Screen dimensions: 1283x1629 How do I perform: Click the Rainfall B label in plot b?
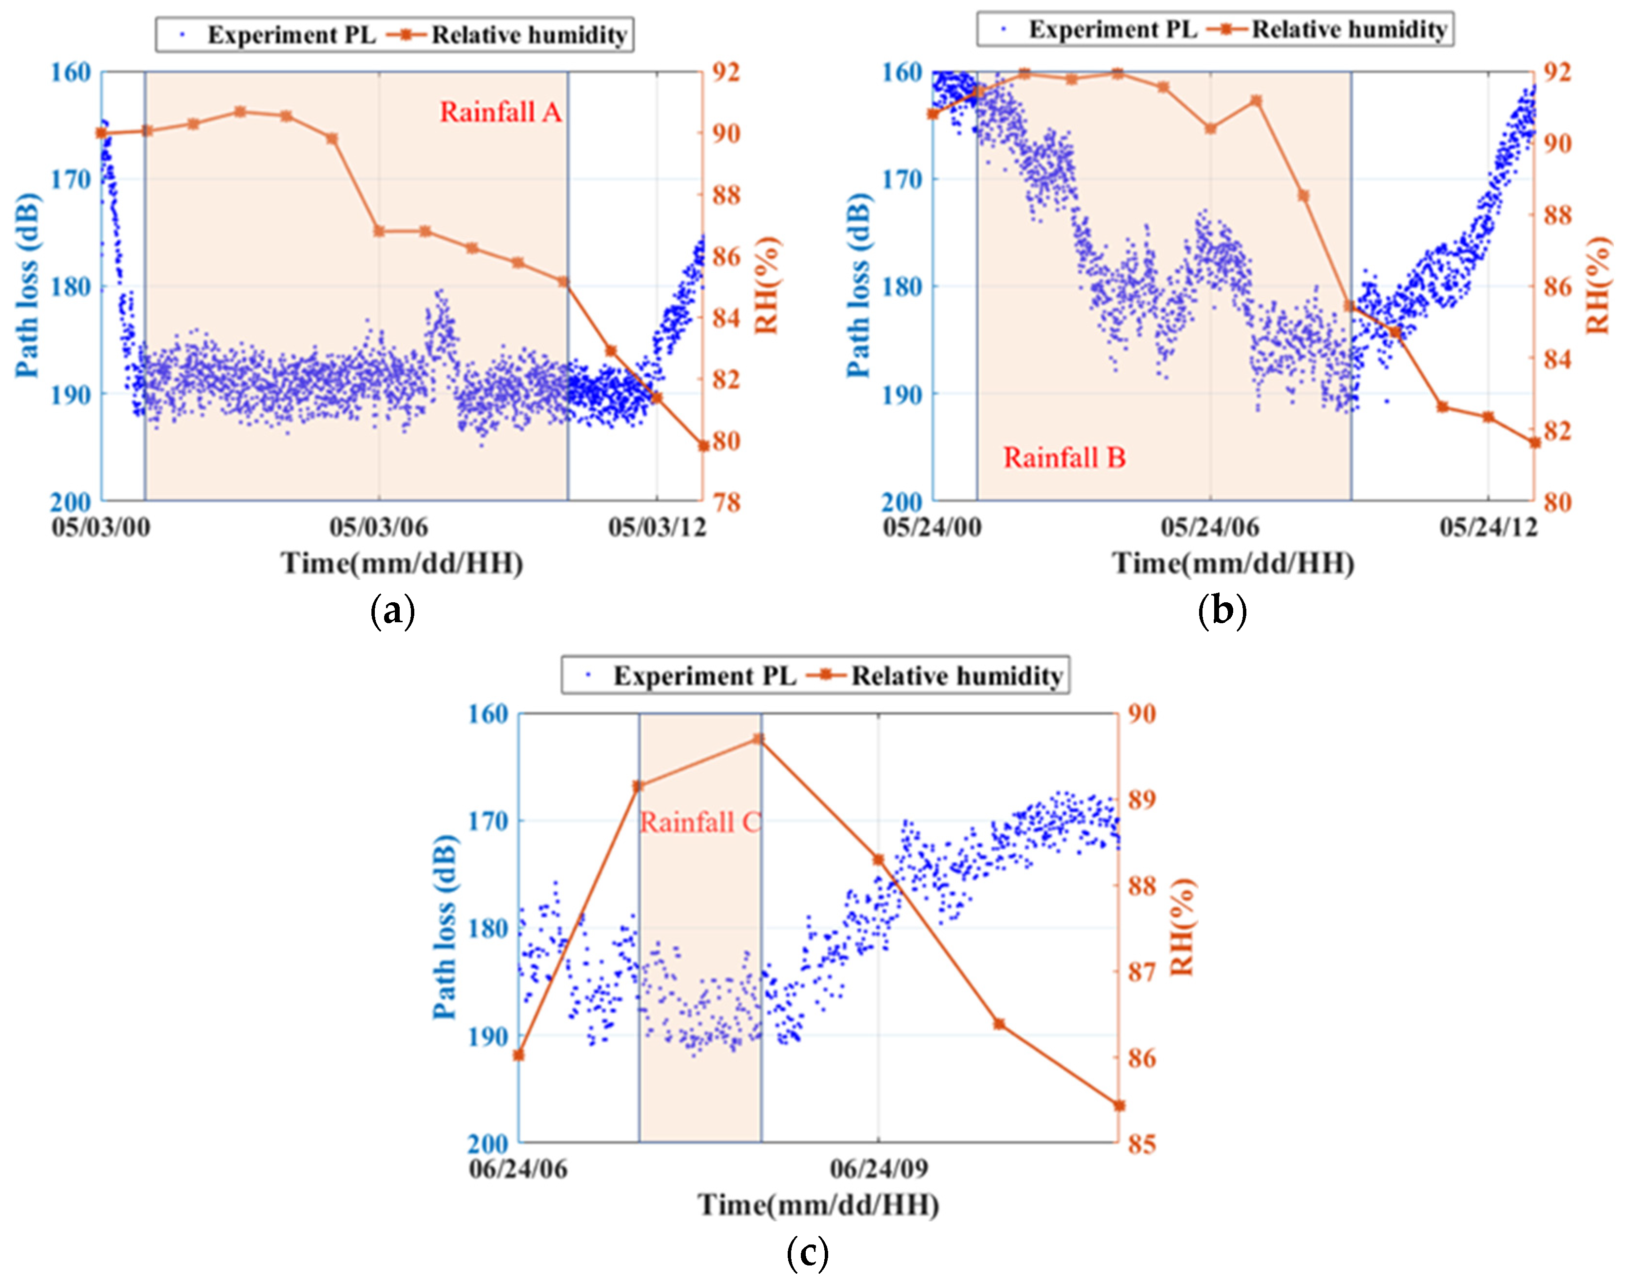click(x=1064, y=458)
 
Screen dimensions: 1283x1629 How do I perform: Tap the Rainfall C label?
click(x=699, y=823)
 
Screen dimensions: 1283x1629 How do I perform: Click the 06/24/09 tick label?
click(x=878, y=1169)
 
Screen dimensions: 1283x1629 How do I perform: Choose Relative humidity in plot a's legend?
click(x=529, y=35)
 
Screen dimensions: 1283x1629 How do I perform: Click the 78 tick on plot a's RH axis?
click(x=725, y=502)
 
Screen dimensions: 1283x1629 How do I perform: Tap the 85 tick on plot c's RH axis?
click(x=1142, y=1144)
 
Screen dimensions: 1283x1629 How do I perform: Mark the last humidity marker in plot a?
click(x=703, y=445)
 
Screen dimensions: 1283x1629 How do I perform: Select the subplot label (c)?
click(x=807, y=1252)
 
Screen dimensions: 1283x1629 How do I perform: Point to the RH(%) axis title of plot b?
click(x=1599, y=286)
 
